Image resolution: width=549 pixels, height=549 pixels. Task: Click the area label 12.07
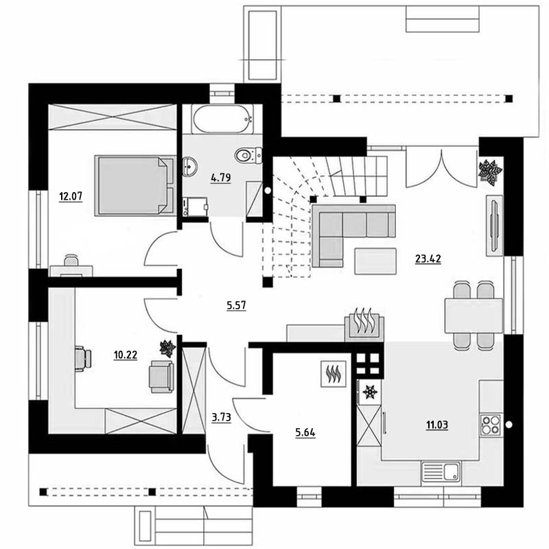pyautogui.click(x=71, y=196)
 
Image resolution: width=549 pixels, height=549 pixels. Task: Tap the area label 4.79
pyautogui.click(x=220, y=178)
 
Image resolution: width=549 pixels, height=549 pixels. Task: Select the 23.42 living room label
pyautogui.click(x=428, y=259)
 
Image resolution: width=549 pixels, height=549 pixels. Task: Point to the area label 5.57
pyautogui.click(x=236, y=305)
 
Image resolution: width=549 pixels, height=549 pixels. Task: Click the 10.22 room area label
pyautogui.click(x=126, y=355)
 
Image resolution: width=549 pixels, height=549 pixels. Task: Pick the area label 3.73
pyautogui.click(x=221, y=417)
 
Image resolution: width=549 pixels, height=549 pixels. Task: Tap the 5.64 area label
pyautogui.click(x=305, y=433)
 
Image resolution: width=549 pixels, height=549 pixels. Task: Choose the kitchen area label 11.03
pyautogui.click(x=437, y=425)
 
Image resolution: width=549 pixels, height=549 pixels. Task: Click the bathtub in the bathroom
pyautogui.click(x=222, y=119)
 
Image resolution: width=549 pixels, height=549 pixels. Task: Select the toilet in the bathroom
pyautogui.click(x=248, y=155)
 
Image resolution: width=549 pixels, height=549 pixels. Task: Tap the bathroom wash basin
pyautogui.click(x=189, y=166)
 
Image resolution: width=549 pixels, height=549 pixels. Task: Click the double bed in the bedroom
pyautogui.click(x=135, y=185)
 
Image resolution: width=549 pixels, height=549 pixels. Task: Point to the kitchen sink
pyautogui.click(x=441, y=471)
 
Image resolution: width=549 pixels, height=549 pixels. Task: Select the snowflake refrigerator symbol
pyautogui.click(x=370, y=392)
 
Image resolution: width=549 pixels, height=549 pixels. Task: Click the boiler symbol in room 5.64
pyautogui.click(x=334, y=374)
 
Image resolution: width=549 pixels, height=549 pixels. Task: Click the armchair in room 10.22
pyautogui.click(x=161, y=377)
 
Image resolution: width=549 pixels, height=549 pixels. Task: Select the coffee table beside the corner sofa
pyautogui.click(x=375, y=261)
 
